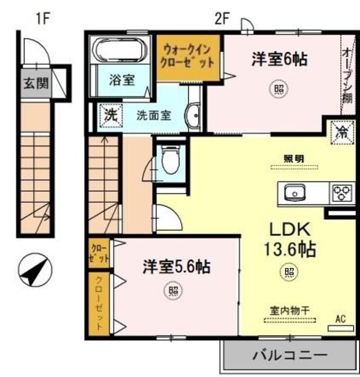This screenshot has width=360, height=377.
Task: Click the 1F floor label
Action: (x=42, y=18)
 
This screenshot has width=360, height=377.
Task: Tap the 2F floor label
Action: (x=222, y=18)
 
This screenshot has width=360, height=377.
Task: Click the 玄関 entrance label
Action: (x=37, y=82)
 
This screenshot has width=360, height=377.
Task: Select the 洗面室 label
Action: (x=154, y=115)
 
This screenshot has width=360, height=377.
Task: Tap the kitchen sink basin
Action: (x=293, y=192)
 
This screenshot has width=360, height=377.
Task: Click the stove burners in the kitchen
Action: (x=342, y=193)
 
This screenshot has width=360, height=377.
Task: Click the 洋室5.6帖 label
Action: (x=176, y=267)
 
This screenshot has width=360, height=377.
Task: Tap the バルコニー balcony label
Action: (x=289, y=356)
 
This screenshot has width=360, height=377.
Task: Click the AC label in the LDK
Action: (x=340, y=319)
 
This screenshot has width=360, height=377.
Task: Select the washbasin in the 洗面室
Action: (x=192, y=115)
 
